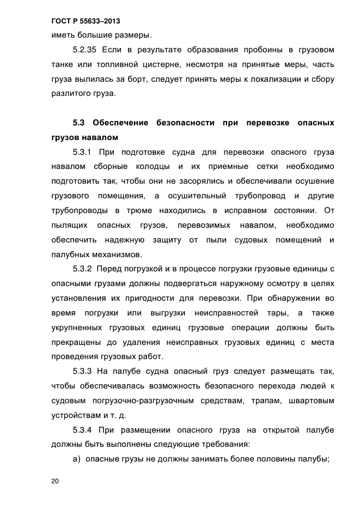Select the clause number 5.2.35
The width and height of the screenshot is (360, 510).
click(85, 50)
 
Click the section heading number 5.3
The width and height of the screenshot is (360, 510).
click(80, 122)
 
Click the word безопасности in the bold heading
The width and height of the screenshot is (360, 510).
click(185, 122)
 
